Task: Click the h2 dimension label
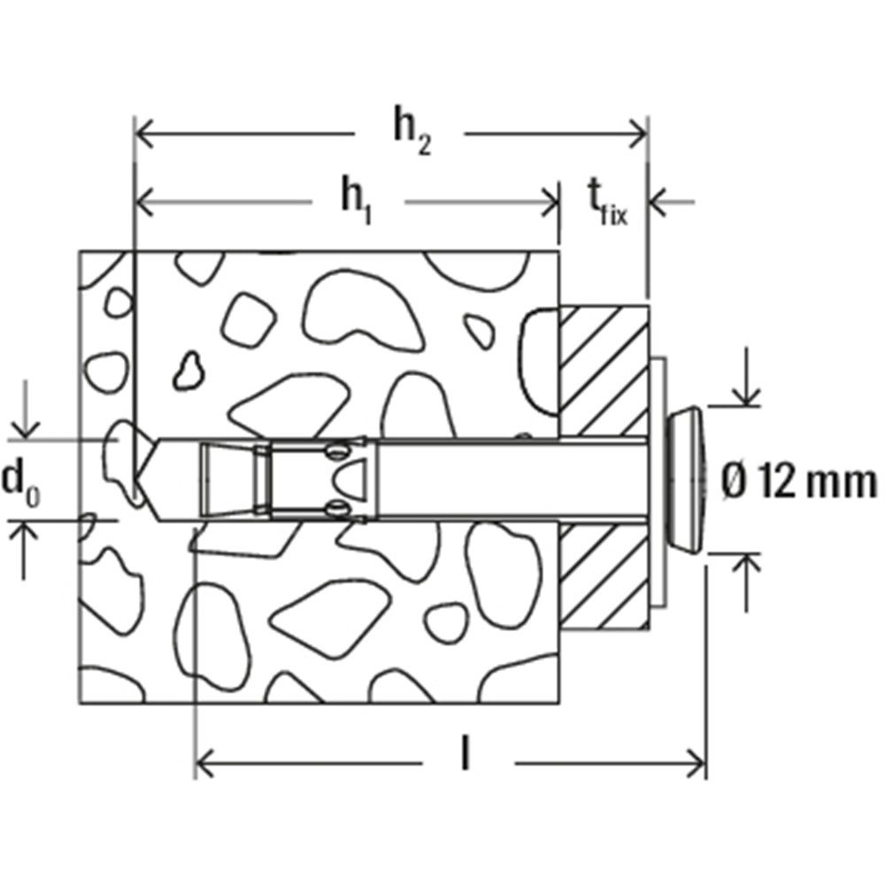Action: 412,135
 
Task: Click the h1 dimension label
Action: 357,201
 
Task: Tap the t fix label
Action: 607,202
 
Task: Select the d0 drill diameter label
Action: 20,482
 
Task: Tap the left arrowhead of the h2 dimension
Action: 145,135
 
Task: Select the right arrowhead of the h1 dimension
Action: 550,202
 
